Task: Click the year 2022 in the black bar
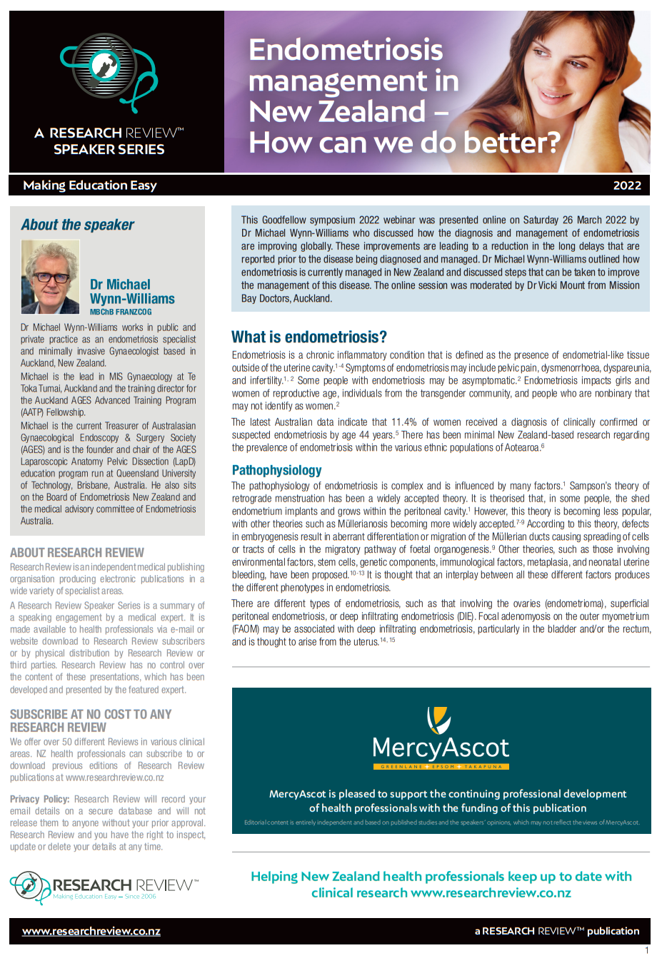627,185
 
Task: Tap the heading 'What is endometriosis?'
309,337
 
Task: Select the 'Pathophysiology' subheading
276,470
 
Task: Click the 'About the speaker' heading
78,225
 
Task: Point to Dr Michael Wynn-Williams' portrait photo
51,277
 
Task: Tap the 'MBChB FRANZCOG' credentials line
121,312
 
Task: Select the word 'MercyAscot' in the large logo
441,748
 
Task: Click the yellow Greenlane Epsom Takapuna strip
441,767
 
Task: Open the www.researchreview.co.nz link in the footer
91,931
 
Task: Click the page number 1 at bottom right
647,950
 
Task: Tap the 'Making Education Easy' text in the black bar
90,185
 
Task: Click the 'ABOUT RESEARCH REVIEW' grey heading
77,553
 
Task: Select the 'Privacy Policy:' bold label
40,799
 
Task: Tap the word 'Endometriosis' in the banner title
346,51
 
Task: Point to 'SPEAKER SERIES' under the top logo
109,150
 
